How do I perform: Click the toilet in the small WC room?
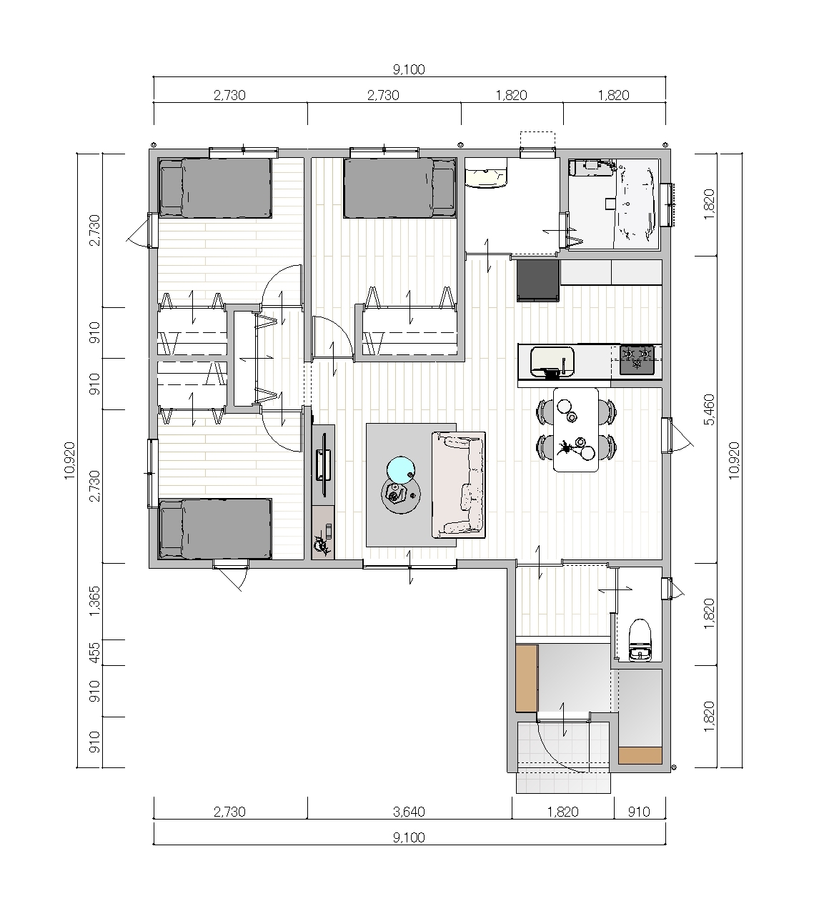(640, 639)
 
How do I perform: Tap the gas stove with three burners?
(637, 359)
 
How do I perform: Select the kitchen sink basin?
(552, 362)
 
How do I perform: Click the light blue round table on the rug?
(401, 470)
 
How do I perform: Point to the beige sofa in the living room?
(458, 485)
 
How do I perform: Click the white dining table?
(576, 429)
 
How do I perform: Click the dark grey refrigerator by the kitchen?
(538, 280)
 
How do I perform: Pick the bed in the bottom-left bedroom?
(214, 529)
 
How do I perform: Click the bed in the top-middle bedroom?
(399, 188)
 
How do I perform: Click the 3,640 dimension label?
(409, 812)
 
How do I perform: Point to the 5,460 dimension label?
(709, 409)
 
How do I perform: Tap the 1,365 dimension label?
(94, 602)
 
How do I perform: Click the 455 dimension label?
(94, 653)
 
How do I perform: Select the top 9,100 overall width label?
(409, 69)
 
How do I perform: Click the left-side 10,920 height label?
(69, 460)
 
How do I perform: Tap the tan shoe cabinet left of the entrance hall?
(527, 678)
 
